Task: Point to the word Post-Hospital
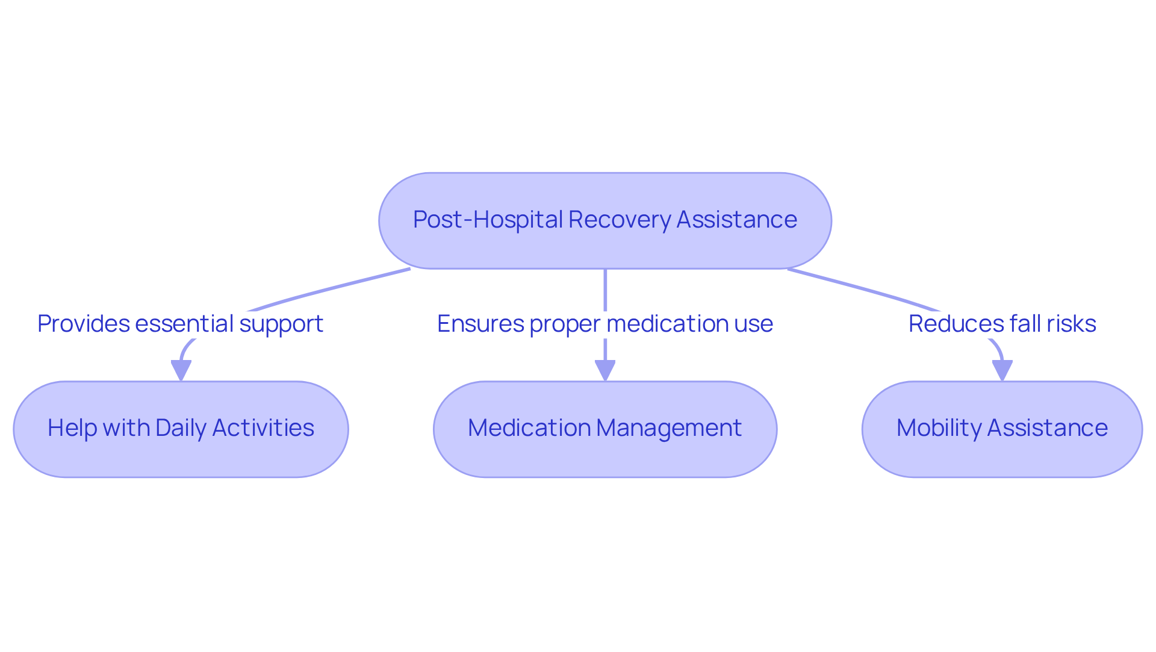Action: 488,220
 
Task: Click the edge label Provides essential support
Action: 180,324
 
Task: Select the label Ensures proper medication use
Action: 604,324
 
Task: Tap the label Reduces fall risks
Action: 1002,324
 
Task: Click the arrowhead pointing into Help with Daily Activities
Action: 181,370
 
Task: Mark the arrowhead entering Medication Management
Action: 604,370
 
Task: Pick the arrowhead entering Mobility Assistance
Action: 1002,370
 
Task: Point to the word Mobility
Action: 939,428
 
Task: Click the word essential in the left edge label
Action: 184,324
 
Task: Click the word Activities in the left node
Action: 263,428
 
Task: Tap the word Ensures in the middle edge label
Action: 480,324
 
